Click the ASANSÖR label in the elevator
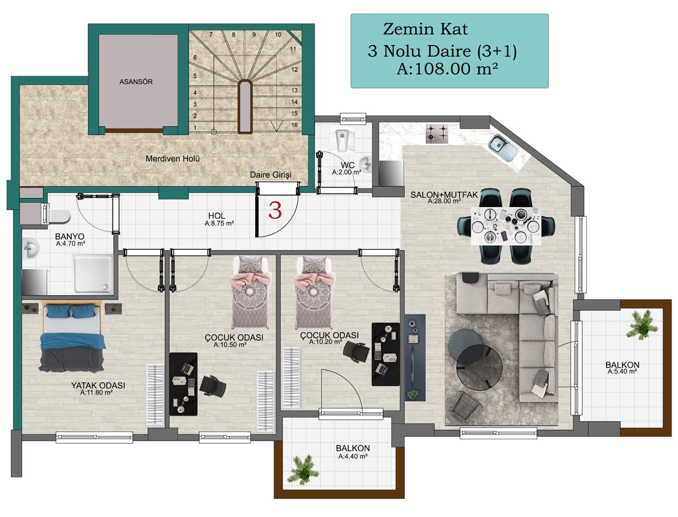tap(136, 82)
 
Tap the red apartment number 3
tap(274, 210)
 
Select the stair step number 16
tap(295, 125)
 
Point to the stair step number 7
tap(211, 34)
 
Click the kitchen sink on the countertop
tap(503, 148)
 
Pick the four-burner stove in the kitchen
tap(437, 133)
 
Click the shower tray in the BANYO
tap(93, 274)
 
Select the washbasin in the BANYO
tap(31, 248)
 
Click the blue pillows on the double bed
tap(71, 311)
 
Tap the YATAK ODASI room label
tap(98, 386)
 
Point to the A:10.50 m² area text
tap(230, 345)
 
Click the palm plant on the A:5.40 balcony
tap(643, 325)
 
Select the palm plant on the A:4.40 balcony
tap(302, 470)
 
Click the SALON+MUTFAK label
tap(444, 195)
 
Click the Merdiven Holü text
tap(173, 159)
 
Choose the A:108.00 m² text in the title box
tap(447, 69)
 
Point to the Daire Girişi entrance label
tap(271, 175)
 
